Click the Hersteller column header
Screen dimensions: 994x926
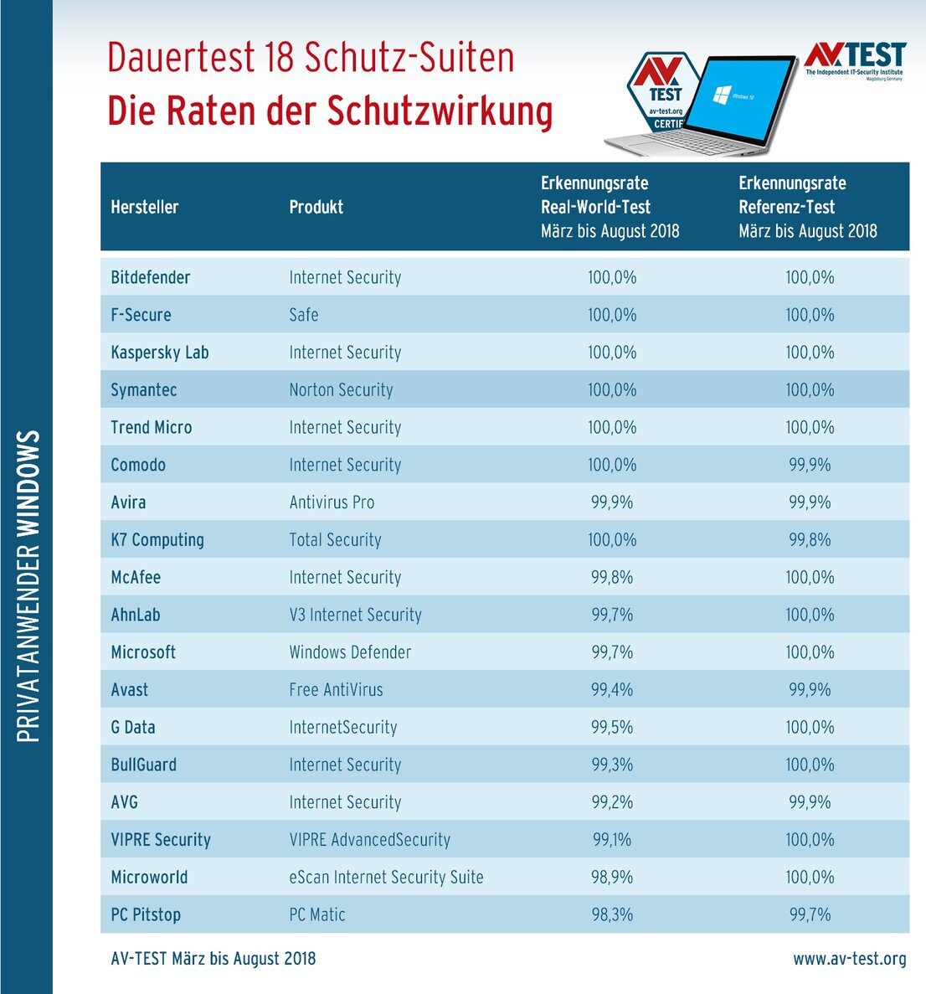pyautogui.click(x=145, y=207)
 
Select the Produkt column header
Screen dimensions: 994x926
pyautogui.click(x=316, y=207)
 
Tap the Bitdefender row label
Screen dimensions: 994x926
pyautogui.click(x=151, y=277)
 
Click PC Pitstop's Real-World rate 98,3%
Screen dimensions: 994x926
pyautogui.click(x=612, y=914)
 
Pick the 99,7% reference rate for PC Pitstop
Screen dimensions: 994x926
pyautogui.click(x=810, y=914)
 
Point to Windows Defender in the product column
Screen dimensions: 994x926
pyautogui.click(x=350, y=652)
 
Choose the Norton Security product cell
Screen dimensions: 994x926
pyautogui.click(x=341, y=390)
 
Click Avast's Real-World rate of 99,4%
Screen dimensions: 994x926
pyautogui.click(x=612, y=690)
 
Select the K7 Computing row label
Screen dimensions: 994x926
pyautogui.click(x=157, y=540)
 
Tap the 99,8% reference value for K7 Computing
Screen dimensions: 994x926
pyautogui.click(x=810, y=540)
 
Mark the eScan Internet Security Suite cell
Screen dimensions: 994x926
pyautogui.click(x=386, y=878)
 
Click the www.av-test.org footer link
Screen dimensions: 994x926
pyautogui.click(x=849, y=959)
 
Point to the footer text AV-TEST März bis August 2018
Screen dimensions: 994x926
pyautogui.click(x=213, y=959)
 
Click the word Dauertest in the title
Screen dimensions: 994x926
pyautogui.click(x=180, y=58)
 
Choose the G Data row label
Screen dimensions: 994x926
pyautogui.click(x=133, y=728)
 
